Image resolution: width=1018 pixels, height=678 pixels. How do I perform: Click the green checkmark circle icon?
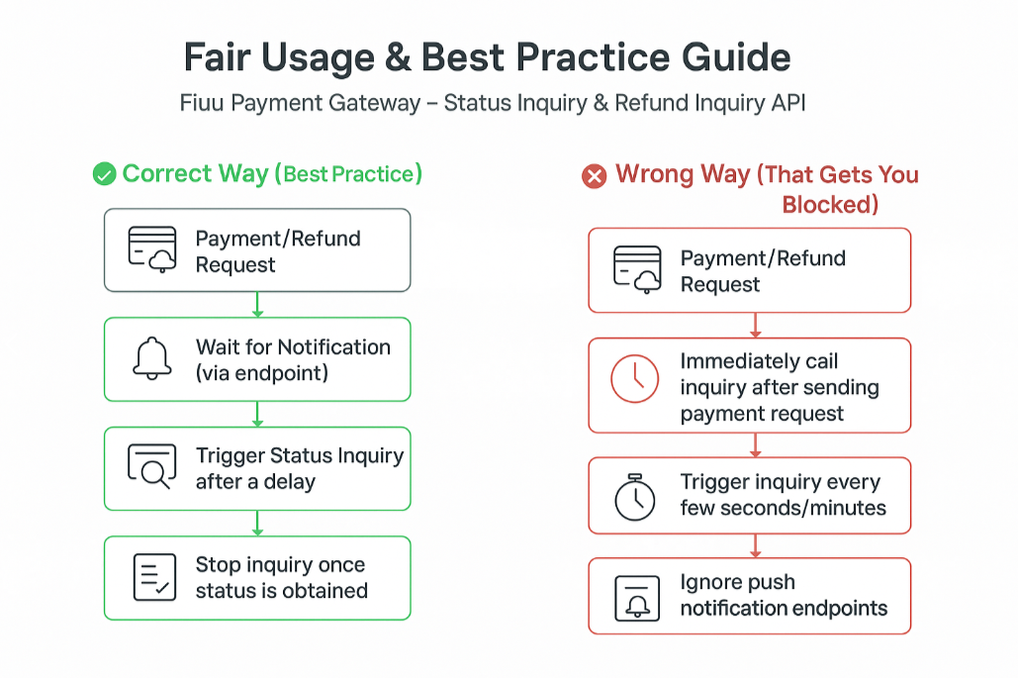[x=104, y=174]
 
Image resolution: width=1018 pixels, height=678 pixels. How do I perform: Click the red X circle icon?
[x=594, y=176]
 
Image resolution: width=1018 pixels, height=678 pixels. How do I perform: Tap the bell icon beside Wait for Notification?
[x=152, y=358]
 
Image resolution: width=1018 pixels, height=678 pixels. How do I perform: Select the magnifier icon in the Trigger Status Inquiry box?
[x=152, y=466]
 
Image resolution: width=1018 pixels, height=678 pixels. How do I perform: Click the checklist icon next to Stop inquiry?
[x=154, y=577]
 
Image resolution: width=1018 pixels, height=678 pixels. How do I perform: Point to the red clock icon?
[x=634, y=379]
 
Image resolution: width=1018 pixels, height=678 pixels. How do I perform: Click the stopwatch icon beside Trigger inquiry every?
[x=635, y=497]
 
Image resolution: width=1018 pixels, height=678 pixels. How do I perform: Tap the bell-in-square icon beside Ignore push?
[x=637, y=598]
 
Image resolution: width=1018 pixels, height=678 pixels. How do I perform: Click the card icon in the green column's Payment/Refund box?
[x=152, y=249]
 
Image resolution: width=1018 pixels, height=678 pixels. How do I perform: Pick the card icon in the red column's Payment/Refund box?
[x=637, y=269]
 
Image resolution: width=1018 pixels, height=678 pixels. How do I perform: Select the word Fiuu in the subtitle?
[x=201, y=103]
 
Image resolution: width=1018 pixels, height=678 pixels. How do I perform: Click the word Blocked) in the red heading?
[x=830, y=205]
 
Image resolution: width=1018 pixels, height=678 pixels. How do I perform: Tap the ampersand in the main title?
[x=398, y=57]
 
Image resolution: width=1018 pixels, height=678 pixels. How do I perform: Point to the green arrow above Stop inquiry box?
[x=258, y=524]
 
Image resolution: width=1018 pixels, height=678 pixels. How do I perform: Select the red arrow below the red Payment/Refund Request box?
[x=755, y=326]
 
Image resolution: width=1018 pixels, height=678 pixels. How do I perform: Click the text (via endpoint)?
[x=262, y=373]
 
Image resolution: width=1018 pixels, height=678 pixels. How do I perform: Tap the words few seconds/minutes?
[x=783, y=507]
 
